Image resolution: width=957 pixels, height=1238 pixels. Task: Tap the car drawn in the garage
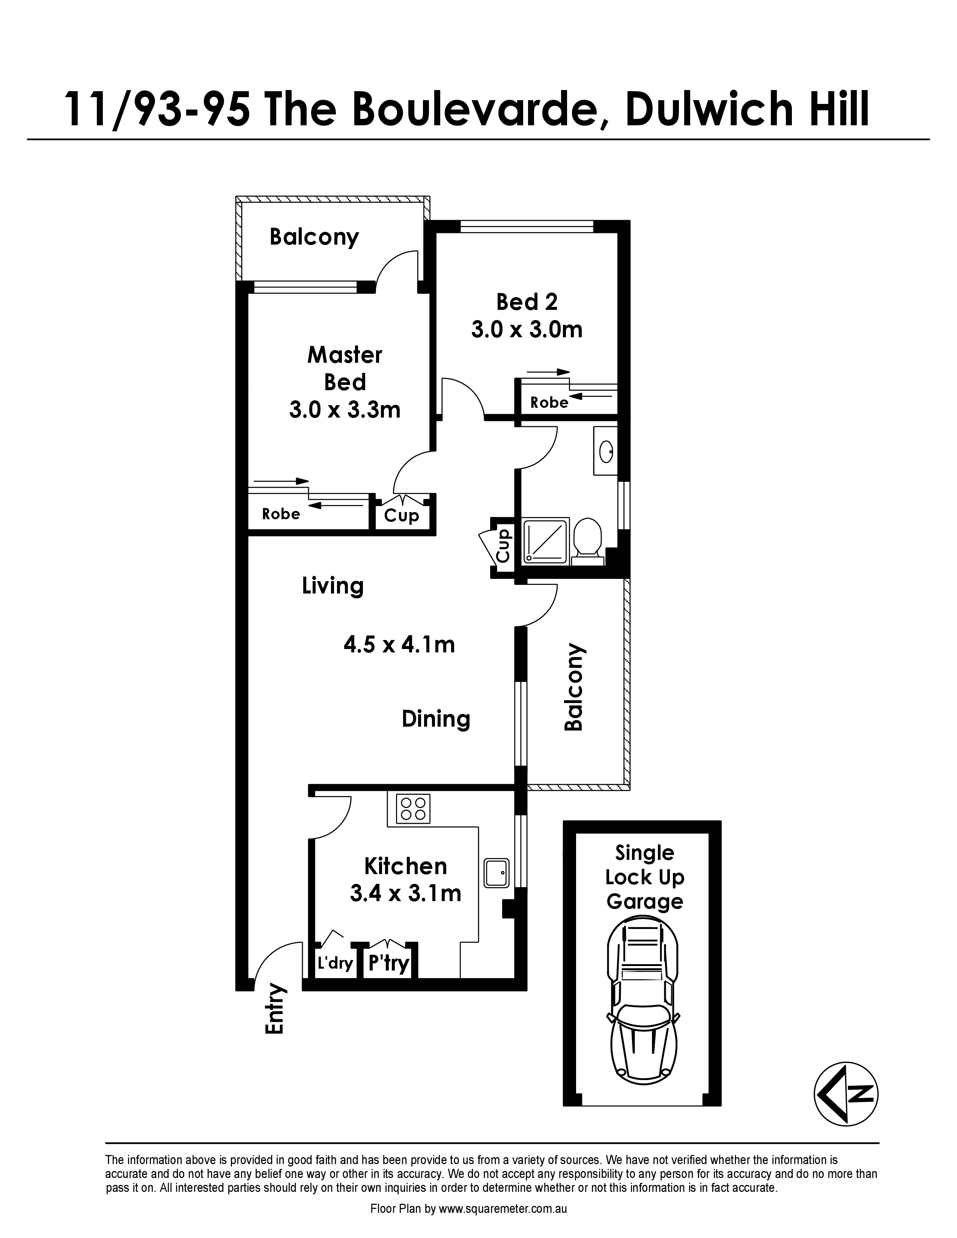point(643,1001)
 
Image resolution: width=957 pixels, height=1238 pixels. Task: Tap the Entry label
point(274,1010)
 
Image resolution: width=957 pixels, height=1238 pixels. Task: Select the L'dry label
point(335,963)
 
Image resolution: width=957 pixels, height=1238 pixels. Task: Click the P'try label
point(389,963)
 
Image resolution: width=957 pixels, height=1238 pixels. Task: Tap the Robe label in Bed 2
point(549,403)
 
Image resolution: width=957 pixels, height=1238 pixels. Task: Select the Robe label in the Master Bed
point(281,514)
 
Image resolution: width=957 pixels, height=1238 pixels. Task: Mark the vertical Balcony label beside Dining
point(574,687)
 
